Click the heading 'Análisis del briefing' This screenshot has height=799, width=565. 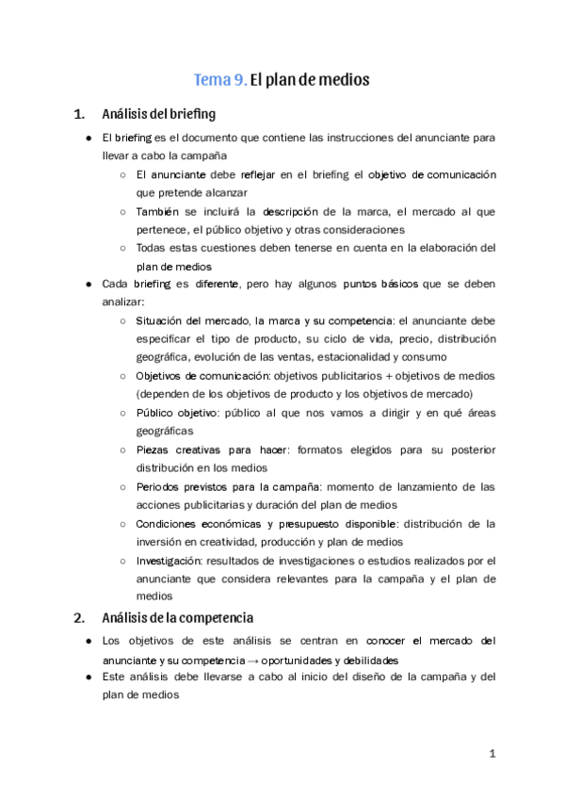[158, 115]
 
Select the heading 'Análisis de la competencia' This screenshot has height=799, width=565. [177, 618]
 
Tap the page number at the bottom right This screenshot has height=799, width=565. [492, 755]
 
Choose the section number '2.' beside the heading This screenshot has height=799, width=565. [79, 618]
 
